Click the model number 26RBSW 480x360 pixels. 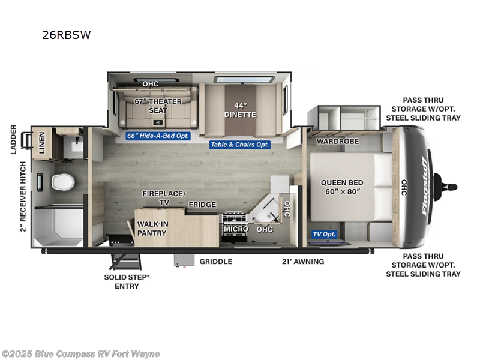click(x=67, y=35)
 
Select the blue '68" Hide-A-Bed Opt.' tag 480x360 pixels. click(x=158, y=136)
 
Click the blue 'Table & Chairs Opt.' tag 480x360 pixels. click(x=240, y=145)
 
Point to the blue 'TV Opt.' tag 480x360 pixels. click(x=324, y=235)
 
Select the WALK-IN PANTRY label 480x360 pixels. click(x=152, y=229)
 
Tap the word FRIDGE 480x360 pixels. click(x=202, y=205)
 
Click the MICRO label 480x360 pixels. click(x=235, y=229)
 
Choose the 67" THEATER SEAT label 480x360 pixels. click(x=157, y=106)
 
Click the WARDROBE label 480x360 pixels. click(x=337, y=142)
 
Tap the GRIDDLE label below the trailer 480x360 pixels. click(x=216, y=262)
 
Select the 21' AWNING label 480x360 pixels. click(x=303, y=262)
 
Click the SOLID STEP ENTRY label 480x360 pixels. click(x=127, y=281)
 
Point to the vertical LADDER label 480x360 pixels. click(x=13, y=139)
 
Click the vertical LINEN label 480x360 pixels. click(x=42, y=142)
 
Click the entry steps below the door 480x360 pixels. click(x=128, y=263)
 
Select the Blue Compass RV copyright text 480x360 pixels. click(x=81, y=353)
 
